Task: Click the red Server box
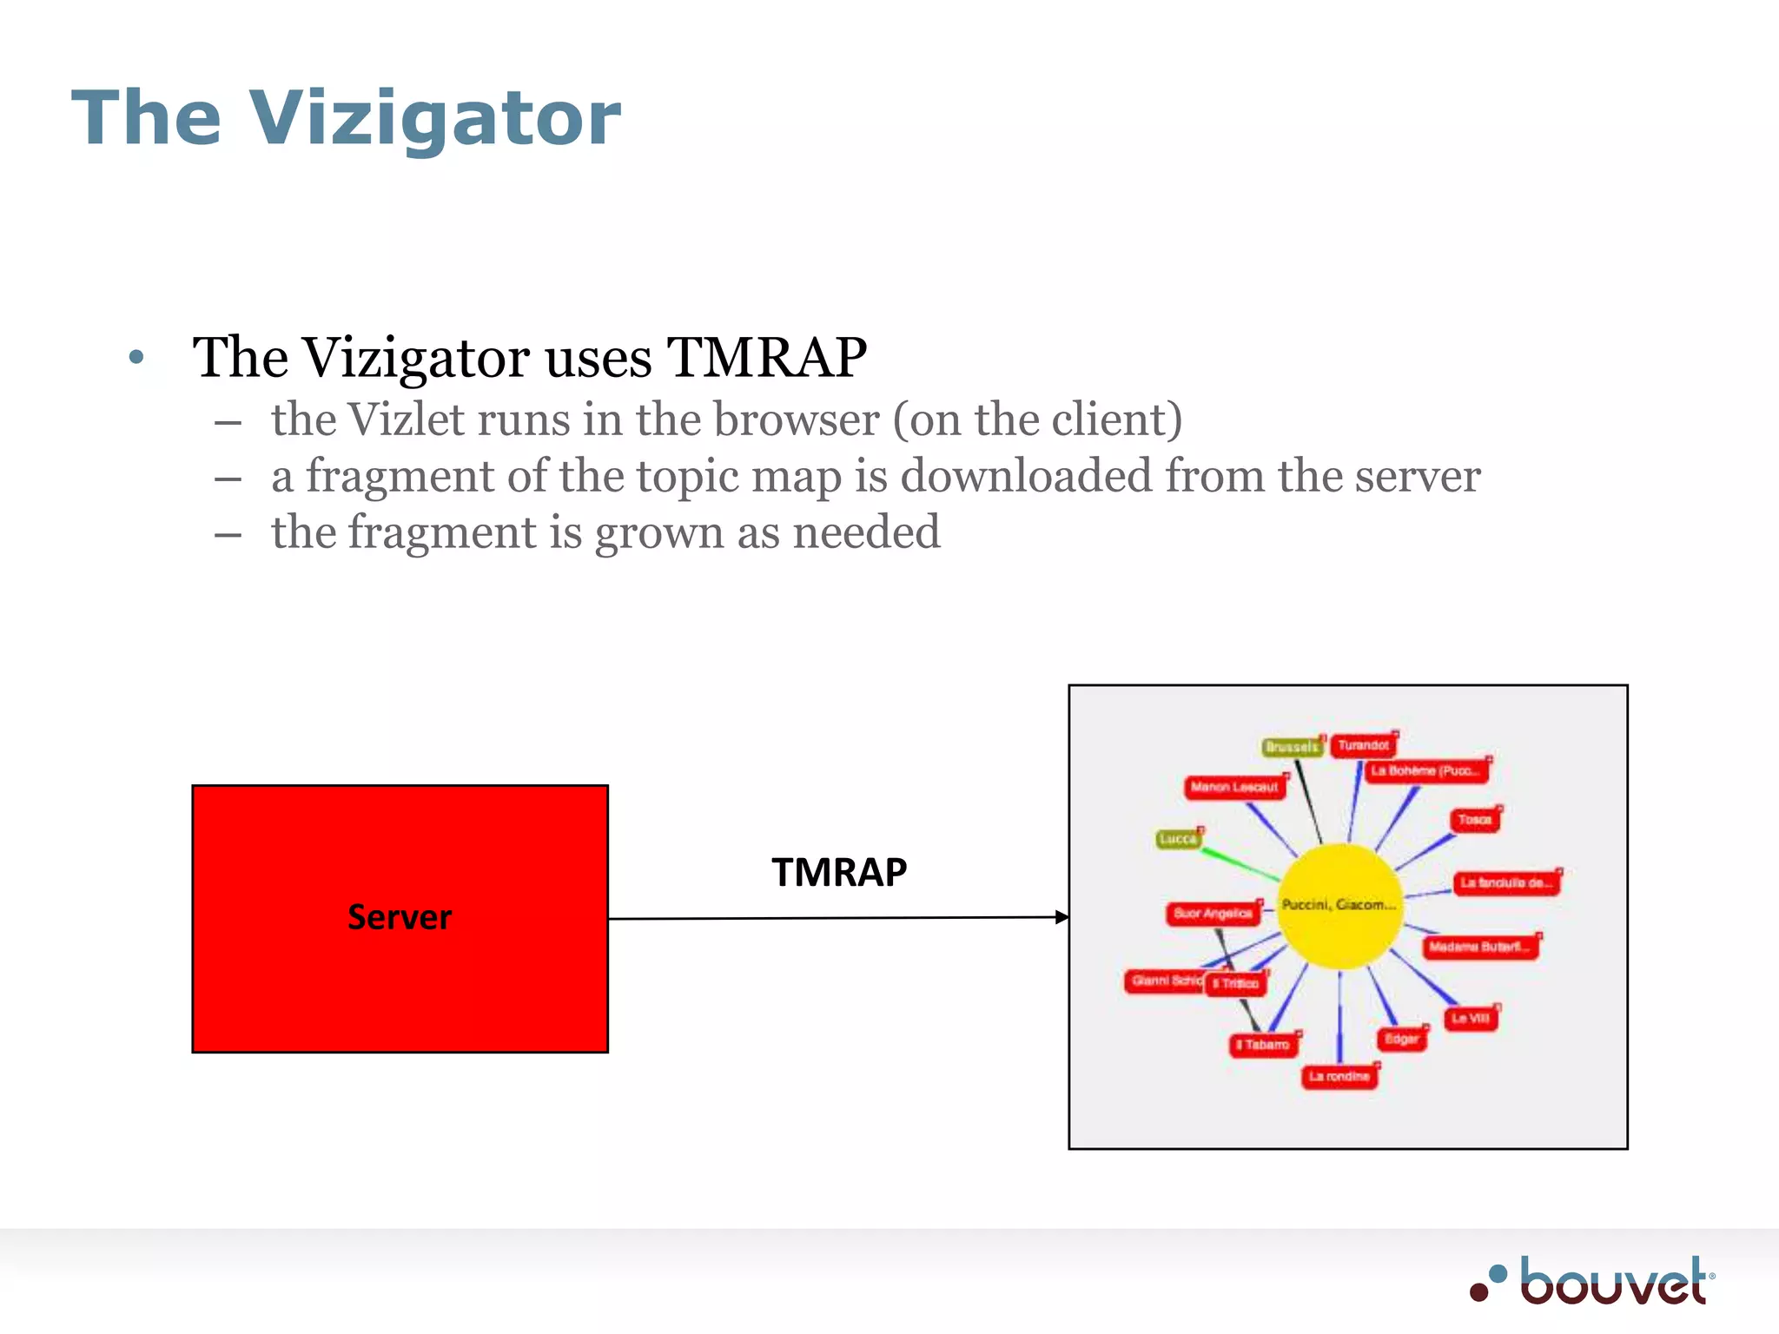[x=400, y=918]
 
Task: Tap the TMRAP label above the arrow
[x=839, y=872]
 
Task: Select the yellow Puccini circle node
[x=1339, y=906]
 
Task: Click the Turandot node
[x=1363, y=745]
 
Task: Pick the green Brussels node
[x=1292, y=747]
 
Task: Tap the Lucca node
[x=1178, y=839]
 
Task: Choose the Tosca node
[x=1474, y=820]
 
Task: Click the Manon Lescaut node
[x=1234, y=788]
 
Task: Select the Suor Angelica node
[x=1213, y=914]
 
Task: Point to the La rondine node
[x=1339, y=1077]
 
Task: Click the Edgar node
[x=1401, y=1039]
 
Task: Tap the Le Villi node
[x=1471, y=1019]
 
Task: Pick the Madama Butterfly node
[x=1479, y=947]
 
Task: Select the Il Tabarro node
[x=1264, y=1045]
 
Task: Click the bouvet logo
[x=1594, y=1282]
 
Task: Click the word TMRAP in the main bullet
[x=766, y=358]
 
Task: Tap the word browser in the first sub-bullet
[x=797, y=420]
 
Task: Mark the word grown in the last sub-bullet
[x=658, y=533]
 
